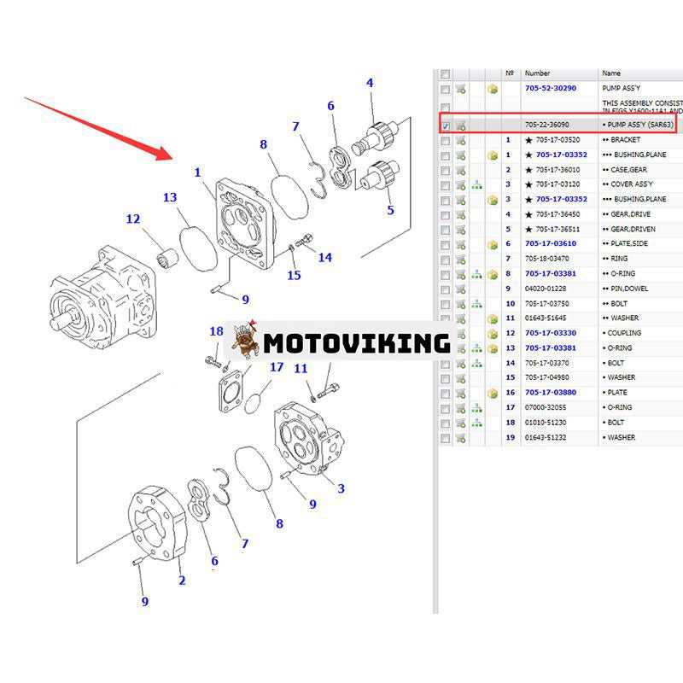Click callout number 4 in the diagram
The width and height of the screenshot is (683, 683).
[x=370, y=84]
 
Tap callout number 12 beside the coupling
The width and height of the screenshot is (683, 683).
[x=133, y=219]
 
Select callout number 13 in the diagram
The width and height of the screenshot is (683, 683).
[x=170, y=198]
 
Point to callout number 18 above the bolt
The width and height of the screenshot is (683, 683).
[x=216, y=331]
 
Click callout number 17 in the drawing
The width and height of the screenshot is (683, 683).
[x=277, y=367]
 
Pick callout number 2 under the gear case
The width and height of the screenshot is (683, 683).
[x=182, y=581]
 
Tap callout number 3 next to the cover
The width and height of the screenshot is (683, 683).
[x=341, y=489]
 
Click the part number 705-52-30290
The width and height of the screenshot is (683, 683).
[x=550, y=88]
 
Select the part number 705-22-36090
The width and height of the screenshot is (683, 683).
[x=546, y=125]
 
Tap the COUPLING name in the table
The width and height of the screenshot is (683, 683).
[x=627, y=333]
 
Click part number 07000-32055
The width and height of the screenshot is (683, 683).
[x=546, y=407]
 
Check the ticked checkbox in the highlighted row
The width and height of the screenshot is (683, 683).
[x=445, y=126]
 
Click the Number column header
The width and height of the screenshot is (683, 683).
[x=537, y=73]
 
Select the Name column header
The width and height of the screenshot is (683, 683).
[x=611, y=73]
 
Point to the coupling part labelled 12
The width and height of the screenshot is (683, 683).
[x=166, y=255]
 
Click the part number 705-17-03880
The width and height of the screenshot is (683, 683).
[x=550, y=393]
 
